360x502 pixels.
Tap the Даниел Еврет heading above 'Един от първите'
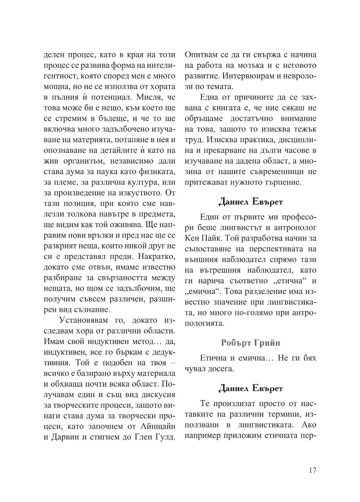click(250, 202)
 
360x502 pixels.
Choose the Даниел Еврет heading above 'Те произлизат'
click(250, 388)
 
